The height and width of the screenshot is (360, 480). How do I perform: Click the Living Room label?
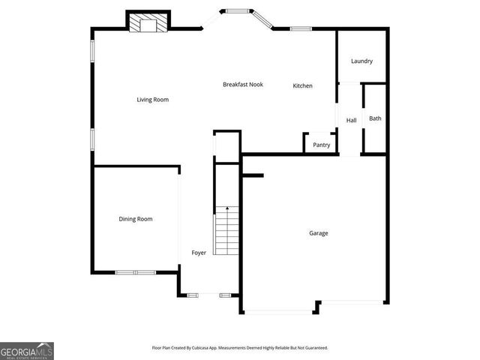click(152, 100)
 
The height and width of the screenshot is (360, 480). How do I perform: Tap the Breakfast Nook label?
click(243, 85)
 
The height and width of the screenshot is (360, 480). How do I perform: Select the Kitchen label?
click(302, 85)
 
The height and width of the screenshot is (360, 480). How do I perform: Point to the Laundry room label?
click(361, 61)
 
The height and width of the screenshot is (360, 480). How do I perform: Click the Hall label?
click(351, 121)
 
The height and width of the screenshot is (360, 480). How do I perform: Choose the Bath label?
click(375, 118)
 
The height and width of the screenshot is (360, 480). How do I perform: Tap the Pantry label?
click(321, 145)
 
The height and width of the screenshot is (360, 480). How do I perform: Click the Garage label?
click(319, 233)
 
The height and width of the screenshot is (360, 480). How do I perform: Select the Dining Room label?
click(136, 219)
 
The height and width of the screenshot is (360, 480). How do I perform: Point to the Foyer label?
click(199, 253)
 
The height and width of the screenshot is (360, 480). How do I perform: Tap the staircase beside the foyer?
click(226, 231)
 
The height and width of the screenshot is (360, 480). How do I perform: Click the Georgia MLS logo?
click(27, 350)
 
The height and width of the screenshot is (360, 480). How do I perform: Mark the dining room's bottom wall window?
click(135, 271)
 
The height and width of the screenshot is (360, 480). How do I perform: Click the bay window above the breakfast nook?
click(241, 11)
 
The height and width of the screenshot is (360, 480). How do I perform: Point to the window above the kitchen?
click(301, 29)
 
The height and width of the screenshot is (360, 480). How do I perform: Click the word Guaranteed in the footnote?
click(313, 348)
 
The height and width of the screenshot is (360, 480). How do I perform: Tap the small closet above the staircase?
click(226, 143)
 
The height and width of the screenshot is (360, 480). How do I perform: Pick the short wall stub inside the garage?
click(253, 176)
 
